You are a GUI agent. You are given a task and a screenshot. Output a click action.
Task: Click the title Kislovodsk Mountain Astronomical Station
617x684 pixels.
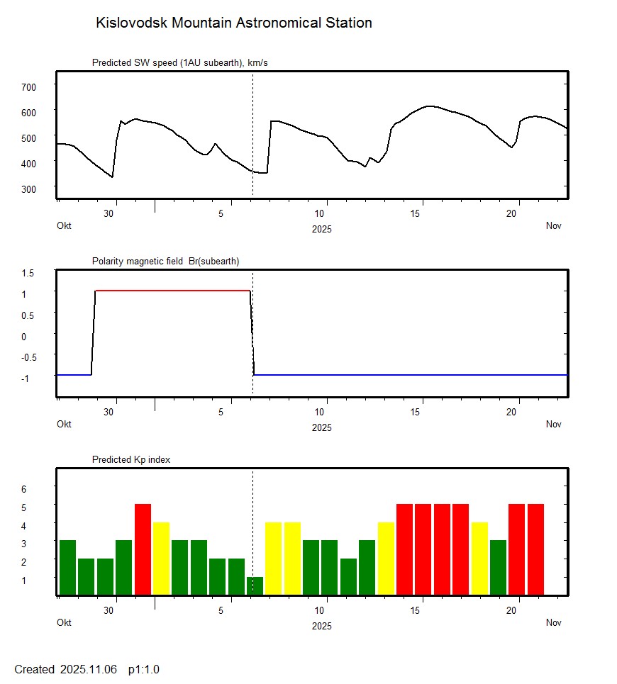(x=233, y=23)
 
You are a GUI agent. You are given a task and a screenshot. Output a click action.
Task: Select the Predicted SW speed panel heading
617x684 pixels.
(x=179, y=63)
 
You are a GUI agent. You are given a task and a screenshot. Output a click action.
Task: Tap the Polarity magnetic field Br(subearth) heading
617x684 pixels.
(x=165, y=261)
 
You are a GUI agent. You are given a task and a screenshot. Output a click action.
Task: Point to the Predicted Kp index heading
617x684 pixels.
(x=131, y=459)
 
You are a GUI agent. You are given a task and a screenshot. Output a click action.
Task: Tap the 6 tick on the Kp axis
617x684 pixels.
(x=23, y=489)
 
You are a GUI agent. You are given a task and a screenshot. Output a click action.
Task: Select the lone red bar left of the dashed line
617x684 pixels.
(x=143, y=549)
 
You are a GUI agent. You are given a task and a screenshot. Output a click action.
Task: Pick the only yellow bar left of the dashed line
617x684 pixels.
(x=161, y=558)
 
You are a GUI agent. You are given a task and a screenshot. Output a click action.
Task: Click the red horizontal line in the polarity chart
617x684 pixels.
(x=172, y=291)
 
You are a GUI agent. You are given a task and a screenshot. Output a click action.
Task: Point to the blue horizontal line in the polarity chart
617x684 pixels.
(x=411, y=374)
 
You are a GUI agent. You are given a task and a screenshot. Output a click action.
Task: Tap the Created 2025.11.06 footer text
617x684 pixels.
(x=65, y=669)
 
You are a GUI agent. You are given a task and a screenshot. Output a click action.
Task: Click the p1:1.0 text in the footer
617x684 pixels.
(x=143, y=669)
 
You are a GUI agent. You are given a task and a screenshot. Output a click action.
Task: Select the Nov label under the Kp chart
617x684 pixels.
(x=553, y=622)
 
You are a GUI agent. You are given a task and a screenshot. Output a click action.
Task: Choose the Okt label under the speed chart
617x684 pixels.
(x=64, y=225)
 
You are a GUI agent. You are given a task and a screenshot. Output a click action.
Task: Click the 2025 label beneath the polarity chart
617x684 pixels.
(x=321, y=427)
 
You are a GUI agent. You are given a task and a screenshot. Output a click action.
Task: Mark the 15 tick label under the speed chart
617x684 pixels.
(x=418, y=213)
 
